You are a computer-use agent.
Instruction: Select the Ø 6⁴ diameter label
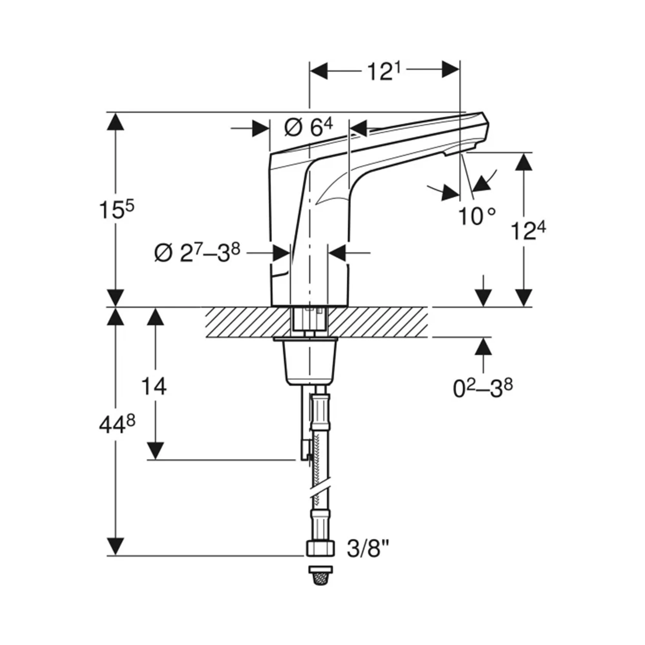coord(309,128)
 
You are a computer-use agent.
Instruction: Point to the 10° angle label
coord(477,216)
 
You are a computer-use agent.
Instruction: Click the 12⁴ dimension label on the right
coord(529,231)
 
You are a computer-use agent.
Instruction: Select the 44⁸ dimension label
coord(117,426)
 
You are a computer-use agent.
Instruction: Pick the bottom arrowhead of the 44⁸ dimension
coord(115,547)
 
